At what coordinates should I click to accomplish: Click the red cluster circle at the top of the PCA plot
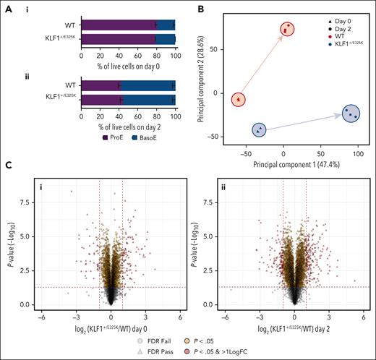tap(289, 29)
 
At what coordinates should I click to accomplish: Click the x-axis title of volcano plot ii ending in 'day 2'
tap(294, 329)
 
